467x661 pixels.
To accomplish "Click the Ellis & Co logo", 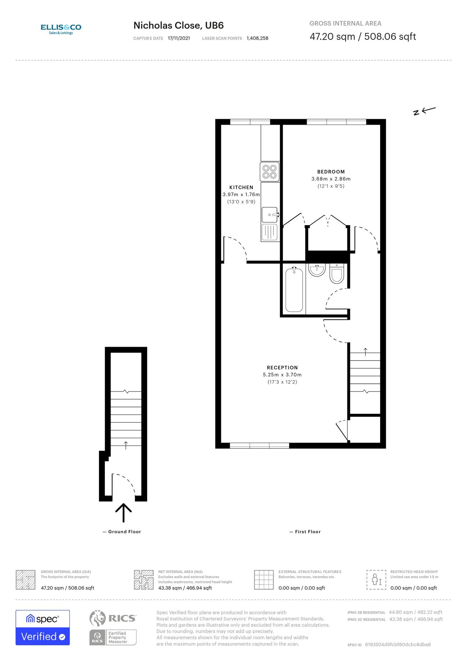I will (61, 29).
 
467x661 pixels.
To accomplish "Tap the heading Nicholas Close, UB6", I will (178, 25).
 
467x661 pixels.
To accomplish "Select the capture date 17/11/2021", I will (179, 38).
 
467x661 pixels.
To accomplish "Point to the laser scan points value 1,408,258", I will (257, 38).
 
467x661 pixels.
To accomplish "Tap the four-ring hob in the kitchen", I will (270, 172).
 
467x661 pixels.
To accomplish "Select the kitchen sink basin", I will (269, 214).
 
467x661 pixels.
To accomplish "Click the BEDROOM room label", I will (331, 171).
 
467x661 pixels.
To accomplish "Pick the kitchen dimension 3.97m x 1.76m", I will (241, 195).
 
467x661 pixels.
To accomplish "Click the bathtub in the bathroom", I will (294, 290).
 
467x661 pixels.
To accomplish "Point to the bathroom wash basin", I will (316, 270).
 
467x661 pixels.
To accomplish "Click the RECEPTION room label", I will (282, 368).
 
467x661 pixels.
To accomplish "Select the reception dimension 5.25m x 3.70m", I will (282, 375).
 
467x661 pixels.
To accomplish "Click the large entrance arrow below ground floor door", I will (124, 513).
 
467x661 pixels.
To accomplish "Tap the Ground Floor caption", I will (124, 532).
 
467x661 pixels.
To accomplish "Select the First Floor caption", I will (307, 532).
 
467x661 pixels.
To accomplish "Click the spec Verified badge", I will (43, 628).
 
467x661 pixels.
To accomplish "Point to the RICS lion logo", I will (98, 618).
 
